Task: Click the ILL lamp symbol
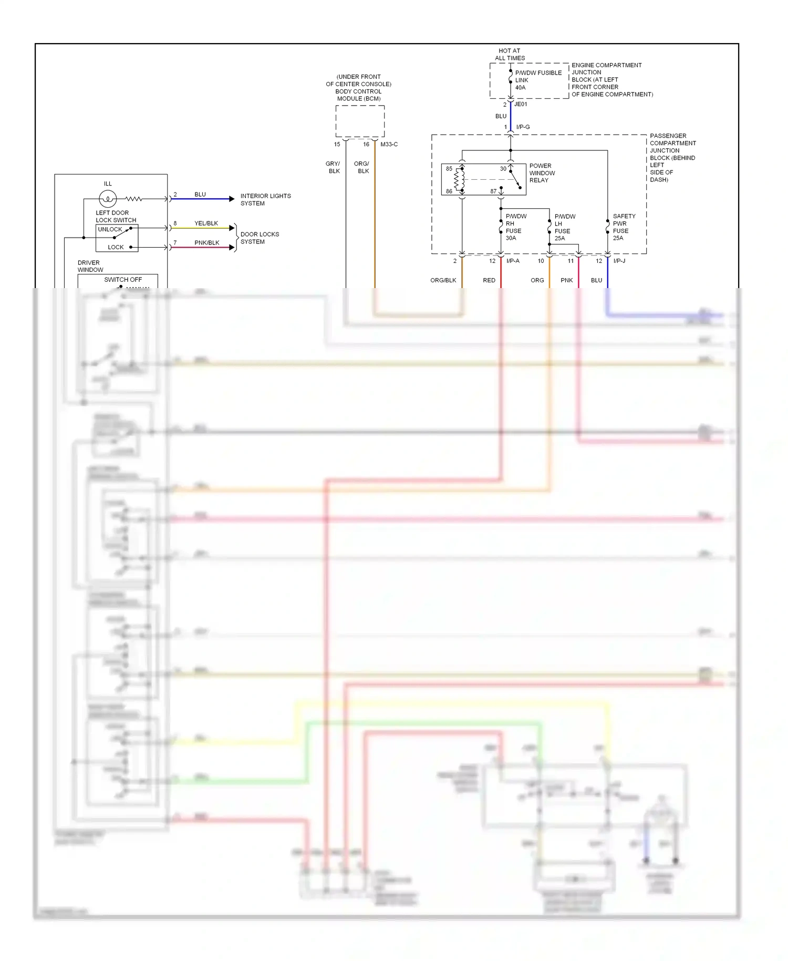coord(108,199)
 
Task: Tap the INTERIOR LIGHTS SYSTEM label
coord(265,200)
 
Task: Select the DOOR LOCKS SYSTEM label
coord(260,238)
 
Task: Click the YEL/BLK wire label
coord(206,223)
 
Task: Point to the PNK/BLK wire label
coord(206,243)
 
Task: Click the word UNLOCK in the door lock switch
coord(110,230)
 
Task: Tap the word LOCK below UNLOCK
coord(116,247)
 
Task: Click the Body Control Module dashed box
coord(360,121)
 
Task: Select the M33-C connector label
coord(389,145)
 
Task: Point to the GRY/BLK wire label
coord(334,167)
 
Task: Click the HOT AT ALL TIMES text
coord(510,55)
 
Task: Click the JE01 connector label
coord(521,105)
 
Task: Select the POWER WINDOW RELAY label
coord(542,173)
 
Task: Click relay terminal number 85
coord(449,169)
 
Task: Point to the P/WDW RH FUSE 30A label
coord(515,227)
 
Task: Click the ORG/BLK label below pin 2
coord(443,281)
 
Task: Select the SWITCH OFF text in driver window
coord(123,280)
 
